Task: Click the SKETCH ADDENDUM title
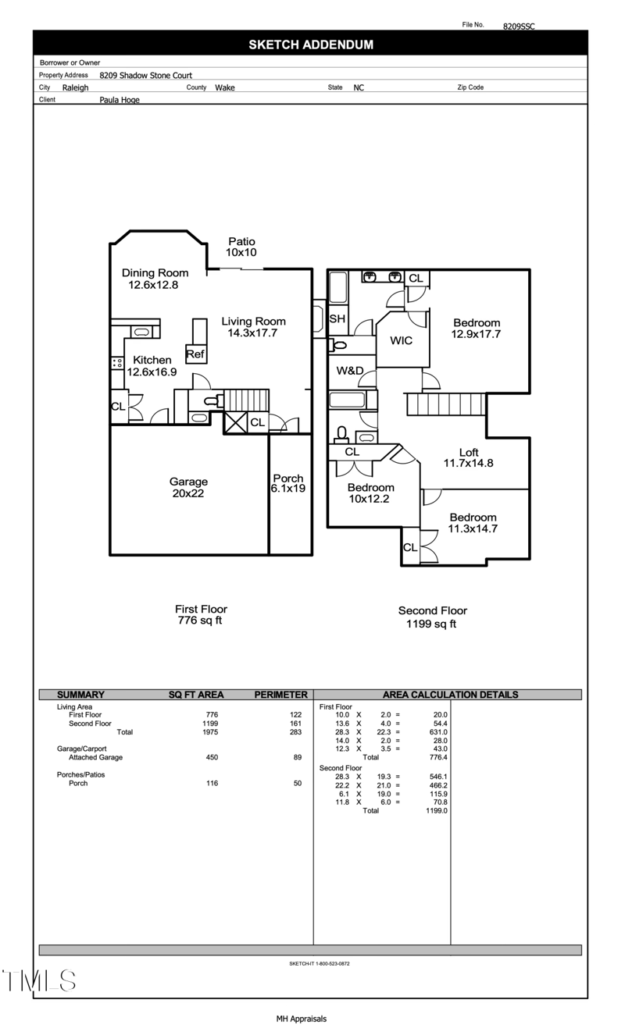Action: click(310, 44)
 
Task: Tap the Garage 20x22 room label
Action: click(188, 487)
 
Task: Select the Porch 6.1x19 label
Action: click(287, 483)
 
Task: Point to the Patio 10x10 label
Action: click(241, 247)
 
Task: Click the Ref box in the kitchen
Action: click(195, 354)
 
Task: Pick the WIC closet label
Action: click(402, 341)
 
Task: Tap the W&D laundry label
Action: click(350, 371)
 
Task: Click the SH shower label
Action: click(337, 319)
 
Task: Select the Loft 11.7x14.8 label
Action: click(469, 457)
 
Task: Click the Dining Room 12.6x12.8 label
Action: click(155, 279)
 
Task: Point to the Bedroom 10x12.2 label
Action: click(371, 493)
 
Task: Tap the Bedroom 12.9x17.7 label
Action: click(477, 329)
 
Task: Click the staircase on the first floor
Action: click(246, 399)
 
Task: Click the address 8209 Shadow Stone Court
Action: click(145, 76)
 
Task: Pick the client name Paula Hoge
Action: click(120, 100)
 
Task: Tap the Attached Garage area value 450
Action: click(212, 757)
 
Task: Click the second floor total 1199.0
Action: click(436, 811)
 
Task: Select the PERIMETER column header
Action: click(280, 695)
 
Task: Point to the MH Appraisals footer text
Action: click(301, 1019)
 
